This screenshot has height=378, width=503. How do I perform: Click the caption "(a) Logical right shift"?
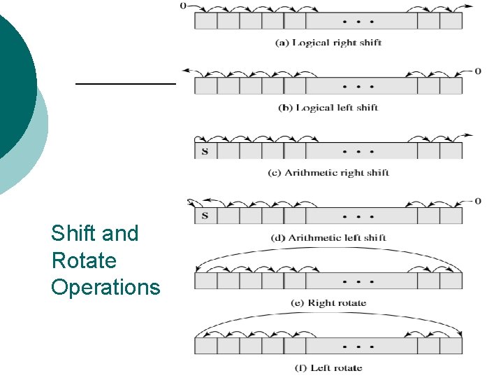pos(328,43)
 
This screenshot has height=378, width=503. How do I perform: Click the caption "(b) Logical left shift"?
pos(328,108)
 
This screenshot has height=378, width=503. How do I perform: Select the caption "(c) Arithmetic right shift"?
pos(328,173)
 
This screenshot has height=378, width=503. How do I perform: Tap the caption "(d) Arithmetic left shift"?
pos(328,238)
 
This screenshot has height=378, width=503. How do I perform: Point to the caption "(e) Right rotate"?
pos(328,303)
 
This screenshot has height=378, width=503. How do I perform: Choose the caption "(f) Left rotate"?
pos(328,368)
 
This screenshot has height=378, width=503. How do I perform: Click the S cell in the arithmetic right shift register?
pos(205,151)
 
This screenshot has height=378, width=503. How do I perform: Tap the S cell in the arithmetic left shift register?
pos(205,216)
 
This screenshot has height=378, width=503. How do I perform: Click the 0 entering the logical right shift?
pos(183,6)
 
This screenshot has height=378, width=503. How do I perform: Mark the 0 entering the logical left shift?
pos(478,71)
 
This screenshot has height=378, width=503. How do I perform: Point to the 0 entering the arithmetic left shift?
pos(478,202)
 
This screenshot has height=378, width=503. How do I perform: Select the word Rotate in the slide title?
pos(84,260)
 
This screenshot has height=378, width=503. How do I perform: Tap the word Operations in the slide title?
pos(105,288)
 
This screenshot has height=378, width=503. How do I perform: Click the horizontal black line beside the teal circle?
pos(126,83)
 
